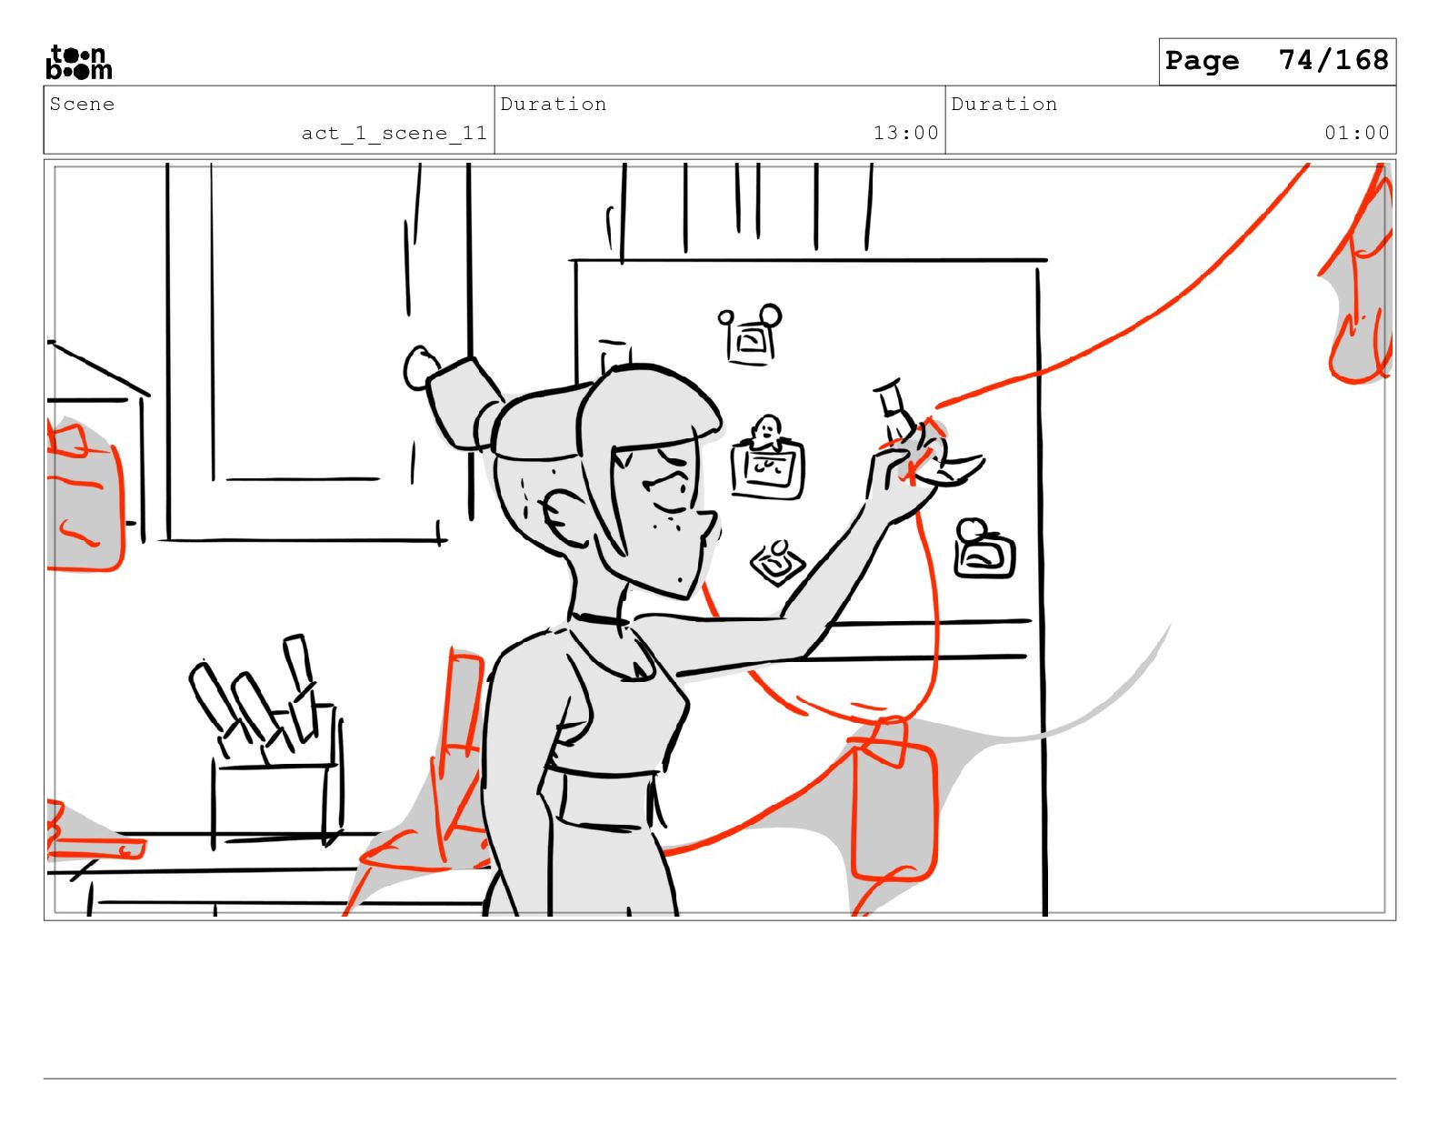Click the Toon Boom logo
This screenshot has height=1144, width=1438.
(x=79, y=62)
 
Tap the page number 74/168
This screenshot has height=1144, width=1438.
(x=1333, y=60)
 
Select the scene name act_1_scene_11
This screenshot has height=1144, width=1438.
(x=394, y=133)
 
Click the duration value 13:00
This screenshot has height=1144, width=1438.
(x=905, y=133)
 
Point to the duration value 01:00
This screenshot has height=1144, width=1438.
(x=1356, y=133)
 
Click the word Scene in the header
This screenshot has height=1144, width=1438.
(x=82, y=105)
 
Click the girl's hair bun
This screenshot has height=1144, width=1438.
(x=464, y=402)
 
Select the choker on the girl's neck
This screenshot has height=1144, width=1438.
(x=599, y=619)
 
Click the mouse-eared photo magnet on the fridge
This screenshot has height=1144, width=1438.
(x=751, y=335)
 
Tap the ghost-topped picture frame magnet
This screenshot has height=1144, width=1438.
(x=767, y=457)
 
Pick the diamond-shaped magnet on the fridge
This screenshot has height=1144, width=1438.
(x=777, y=562)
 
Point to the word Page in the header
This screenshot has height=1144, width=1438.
(x=1202, y=61)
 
